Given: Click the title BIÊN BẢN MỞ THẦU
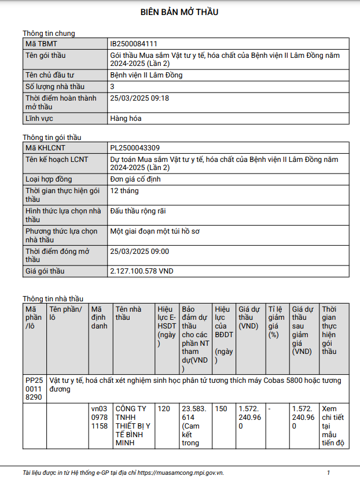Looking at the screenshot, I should [x=179, y=12].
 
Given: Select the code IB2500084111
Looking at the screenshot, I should [x=134, y=44].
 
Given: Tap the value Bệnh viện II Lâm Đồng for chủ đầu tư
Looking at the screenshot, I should [x=146, y=75].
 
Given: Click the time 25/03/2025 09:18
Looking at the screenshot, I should [x=139, y=98].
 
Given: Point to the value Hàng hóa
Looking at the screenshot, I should [x=126, y=119].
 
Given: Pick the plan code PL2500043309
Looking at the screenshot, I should [x=135, y=147].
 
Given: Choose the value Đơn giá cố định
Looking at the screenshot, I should [x=135, y=179].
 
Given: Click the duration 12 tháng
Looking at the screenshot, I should [x=124, y=190].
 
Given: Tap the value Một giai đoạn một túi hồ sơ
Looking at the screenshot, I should [x=155, y=231].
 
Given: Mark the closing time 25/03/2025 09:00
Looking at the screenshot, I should [x=139, y=252].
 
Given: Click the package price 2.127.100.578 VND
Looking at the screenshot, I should [x=142, y=271].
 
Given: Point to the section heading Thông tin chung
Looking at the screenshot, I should [x=49, y=34].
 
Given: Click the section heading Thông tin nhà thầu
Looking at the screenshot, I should [x=53, y=299].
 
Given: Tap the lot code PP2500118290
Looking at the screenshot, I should [x=34, y=389].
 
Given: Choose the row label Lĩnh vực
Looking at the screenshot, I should [x=39, y=119].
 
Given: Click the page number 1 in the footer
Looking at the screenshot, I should [x=328, y=472].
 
